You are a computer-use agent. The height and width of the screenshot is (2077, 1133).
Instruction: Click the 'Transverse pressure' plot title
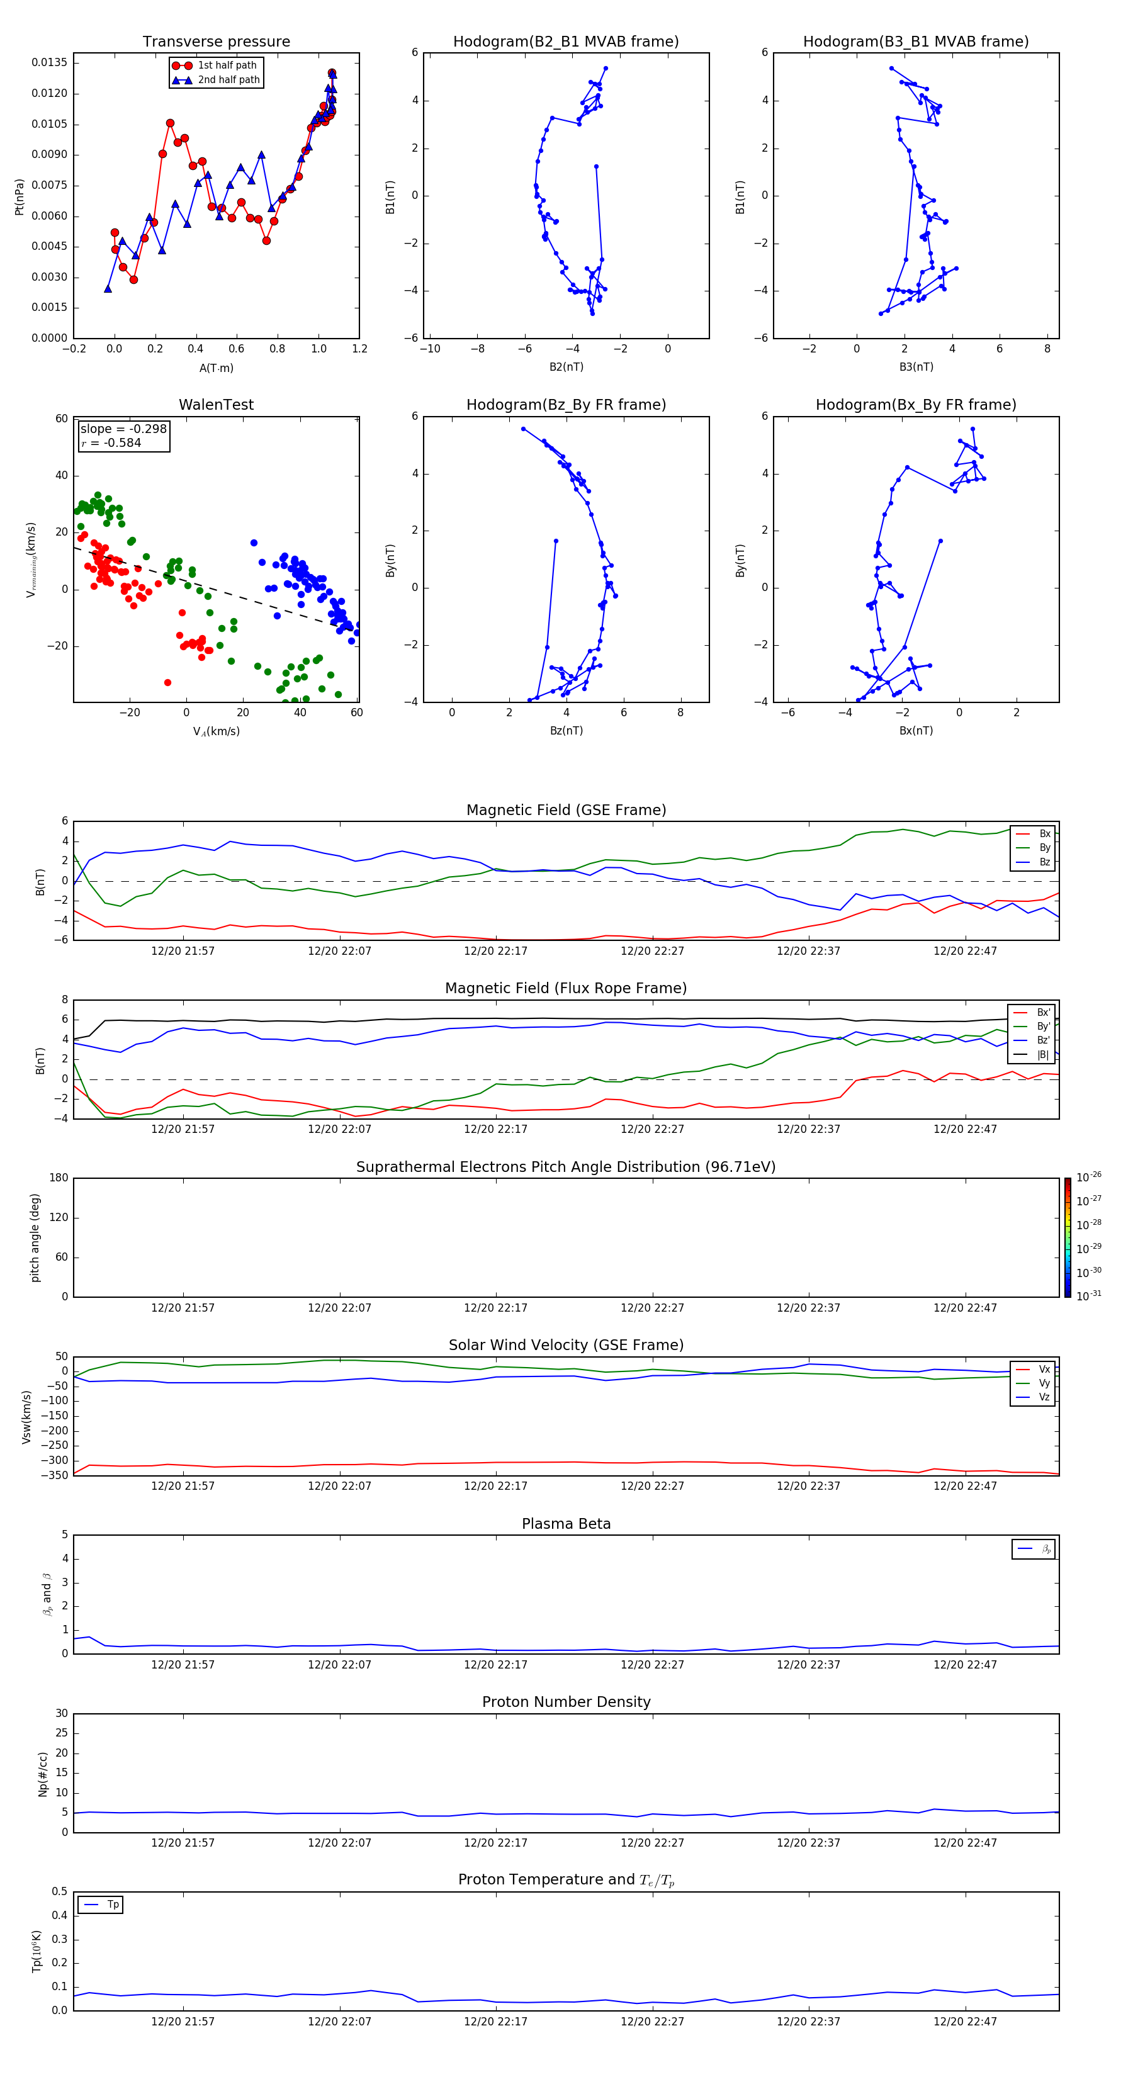216,42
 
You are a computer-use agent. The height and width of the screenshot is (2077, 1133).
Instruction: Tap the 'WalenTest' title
216,405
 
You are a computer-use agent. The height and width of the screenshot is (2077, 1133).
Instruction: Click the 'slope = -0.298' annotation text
123,429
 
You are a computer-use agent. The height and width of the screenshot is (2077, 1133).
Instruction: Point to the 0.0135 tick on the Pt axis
50,63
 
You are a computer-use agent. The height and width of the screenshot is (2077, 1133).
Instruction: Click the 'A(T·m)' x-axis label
216,368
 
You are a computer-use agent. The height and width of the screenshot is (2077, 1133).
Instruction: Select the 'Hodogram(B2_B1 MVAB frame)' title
565,42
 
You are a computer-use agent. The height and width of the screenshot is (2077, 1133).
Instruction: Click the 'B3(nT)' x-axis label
916,367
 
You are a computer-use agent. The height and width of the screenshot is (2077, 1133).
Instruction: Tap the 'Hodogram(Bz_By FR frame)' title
565,405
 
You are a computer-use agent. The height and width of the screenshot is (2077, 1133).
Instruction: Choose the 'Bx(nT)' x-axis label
916,731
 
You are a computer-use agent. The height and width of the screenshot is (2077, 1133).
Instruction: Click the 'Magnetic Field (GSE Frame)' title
565,810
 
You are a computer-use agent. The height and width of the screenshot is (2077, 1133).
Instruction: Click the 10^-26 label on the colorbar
1089,1177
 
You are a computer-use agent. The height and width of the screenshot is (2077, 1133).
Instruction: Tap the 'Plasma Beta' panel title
565,1524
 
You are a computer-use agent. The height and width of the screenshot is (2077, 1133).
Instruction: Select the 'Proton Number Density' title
565,1702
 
